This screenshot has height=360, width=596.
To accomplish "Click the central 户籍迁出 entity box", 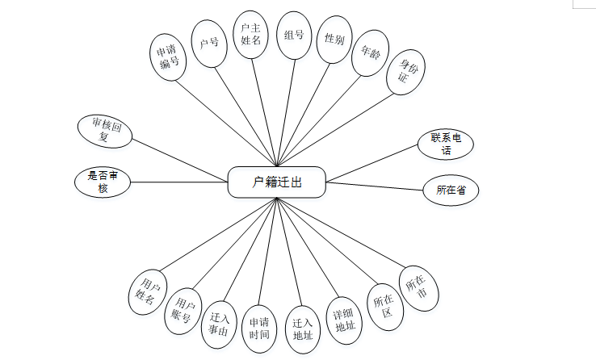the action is [x=277, y=182].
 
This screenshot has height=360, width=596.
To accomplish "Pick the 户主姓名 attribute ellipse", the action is [x=250, y=34].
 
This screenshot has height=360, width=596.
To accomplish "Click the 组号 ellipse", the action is [x=294, y=36].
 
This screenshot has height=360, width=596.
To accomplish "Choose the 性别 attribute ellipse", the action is [x=334, y=40].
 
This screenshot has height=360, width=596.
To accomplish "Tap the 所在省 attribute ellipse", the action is [x=451, y=190].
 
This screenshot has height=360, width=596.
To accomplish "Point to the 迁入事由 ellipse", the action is [x=218, y=322].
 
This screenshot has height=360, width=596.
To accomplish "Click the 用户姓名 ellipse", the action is [x=148, y=290].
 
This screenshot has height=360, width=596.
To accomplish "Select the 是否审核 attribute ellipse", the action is [x=102, y=182].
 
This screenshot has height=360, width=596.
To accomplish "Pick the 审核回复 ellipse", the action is [x=105, y=132].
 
